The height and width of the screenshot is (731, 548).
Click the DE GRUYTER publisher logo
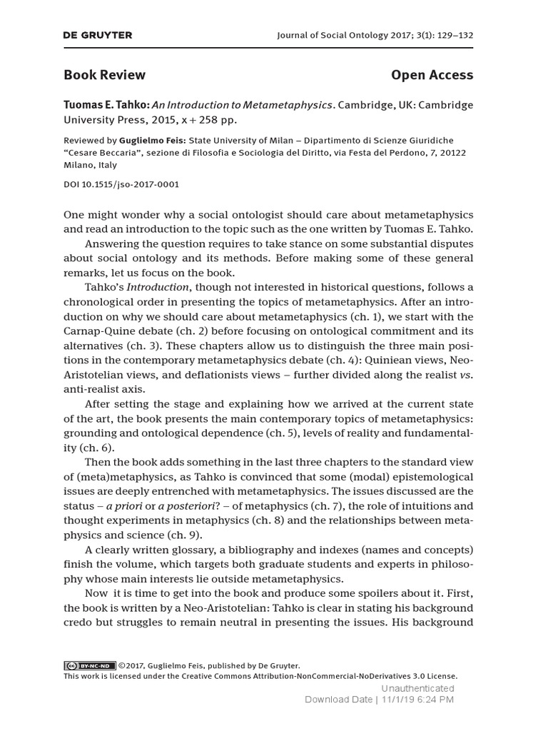tap(98, 35)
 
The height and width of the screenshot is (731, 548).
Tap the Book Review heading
tap(104, 75)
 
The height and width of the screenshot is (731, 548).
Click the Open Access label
tap(432, 75)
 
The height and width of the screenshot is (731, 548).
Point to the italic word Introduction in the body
tap(158, 288)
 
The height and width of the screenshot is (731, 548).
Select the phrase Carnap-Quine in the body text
tap(98, 331)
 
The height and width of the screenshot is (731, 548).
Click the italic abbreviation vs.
tap(466, 375)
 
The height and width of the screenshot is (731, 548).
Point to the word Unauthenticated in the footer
tap(417, 688)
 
